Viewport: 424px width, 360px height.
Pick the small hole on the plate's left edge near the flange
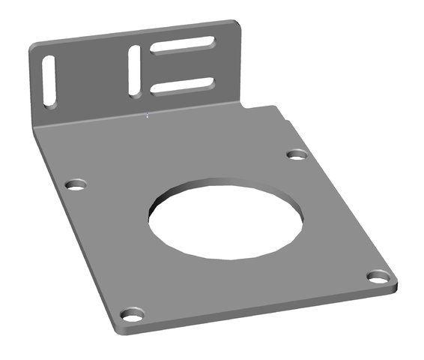coord(76,184)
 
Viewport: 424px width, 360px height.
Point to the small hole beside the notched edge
coord(297,155)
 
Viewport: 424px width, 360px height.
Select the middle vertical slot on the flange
coord(135,70)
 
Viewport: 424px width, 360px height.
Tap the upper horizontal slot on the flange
coord(183,49)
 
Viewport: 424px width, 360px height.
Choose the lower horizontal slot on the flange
coord(184,86)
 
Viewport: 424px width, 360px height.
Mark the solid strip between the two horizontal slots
coord(184,68)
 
